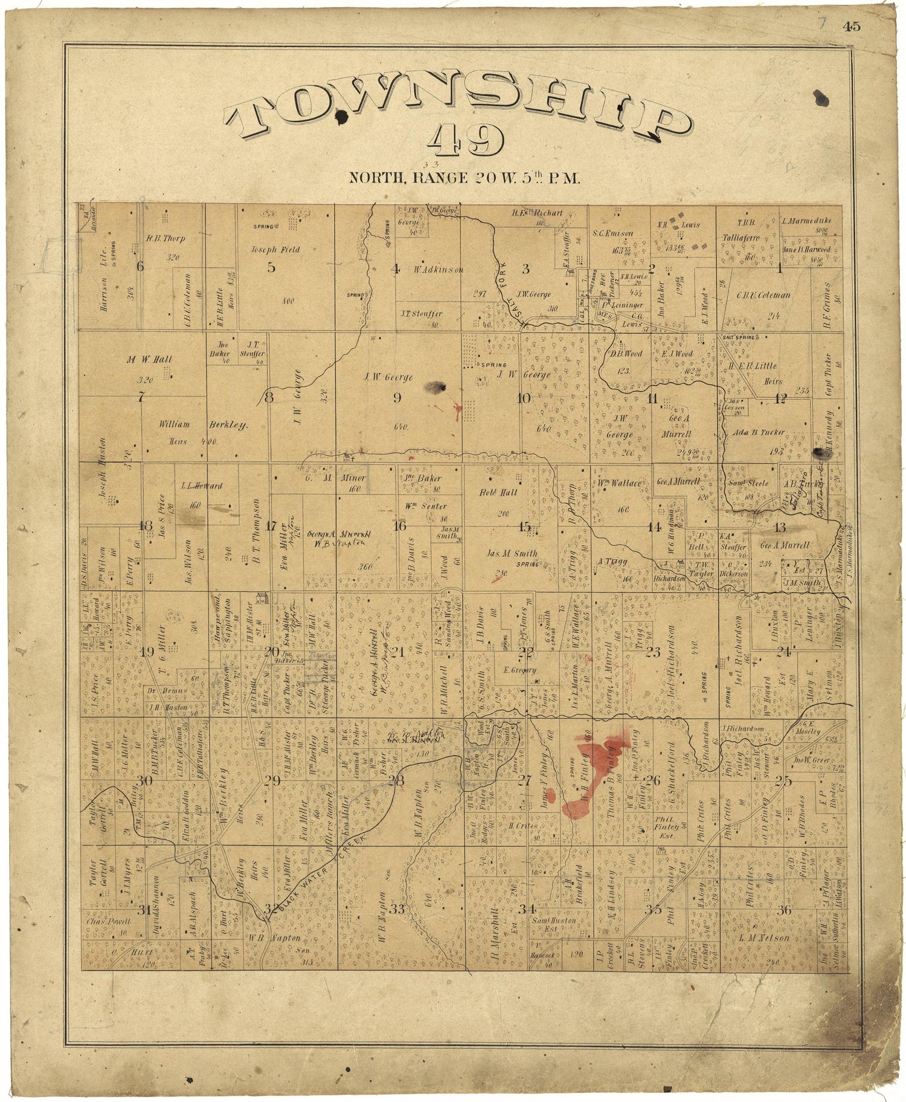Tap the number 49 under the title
[464, 141]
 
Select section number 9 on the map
[397, 397]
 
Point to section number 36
[785, 910]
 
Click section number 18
[146, 525]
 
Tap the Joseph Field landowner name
[275, 249]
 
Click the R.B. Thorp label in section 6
[165, 238]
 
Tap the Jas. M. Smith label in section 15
[512, 553]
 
